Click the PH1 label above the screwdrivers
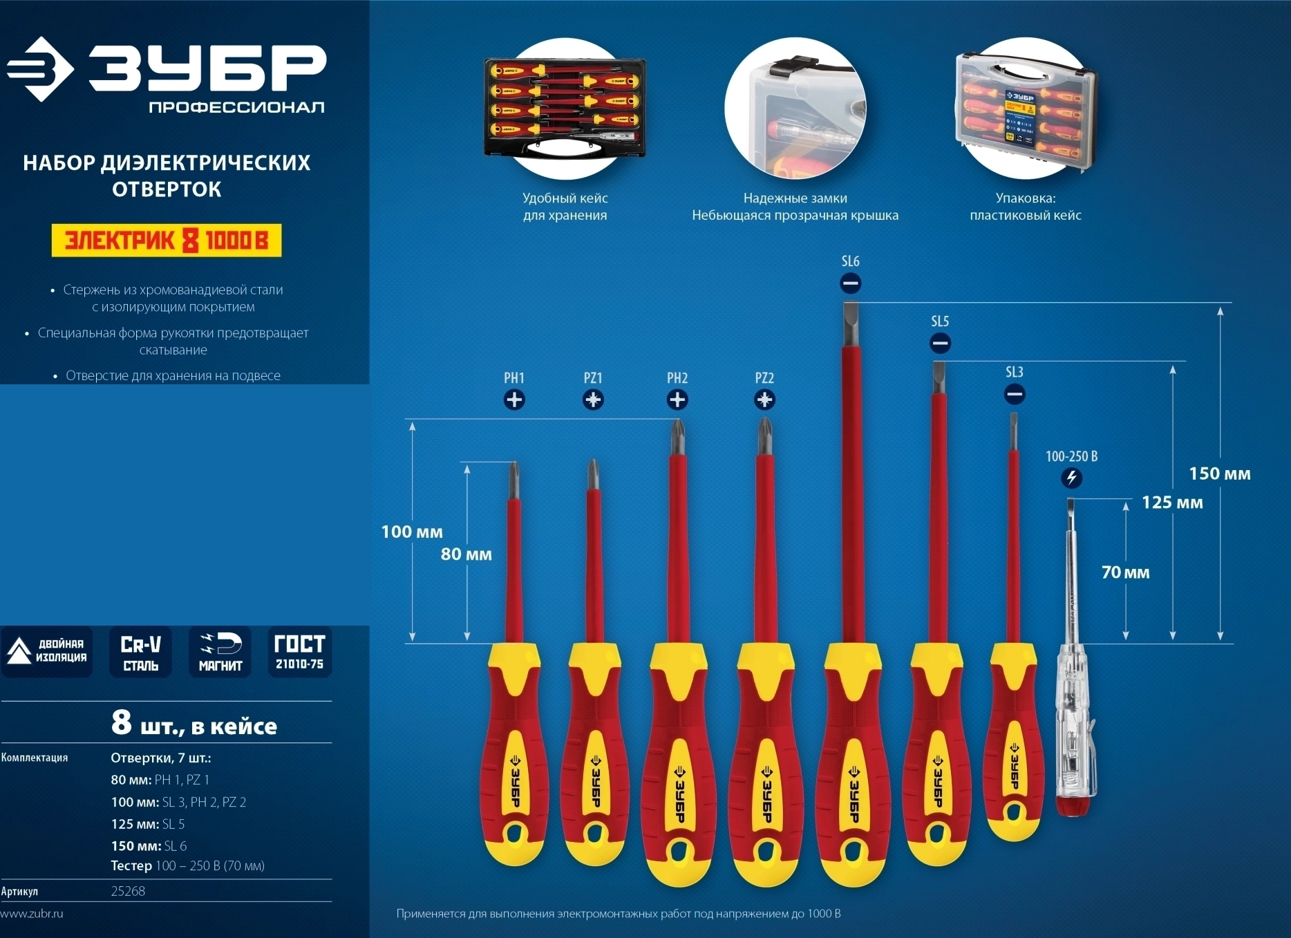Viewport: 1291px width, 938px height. [513, 378]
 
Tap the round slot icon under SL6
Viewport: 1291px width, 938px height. [850, 283]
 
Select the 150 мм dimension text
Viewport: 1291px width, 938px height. [1219, 473]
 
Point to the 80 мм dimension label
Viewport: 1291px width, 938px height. [467, 554]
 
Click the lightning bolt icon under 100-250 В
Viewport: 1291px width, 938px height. [1071, 478]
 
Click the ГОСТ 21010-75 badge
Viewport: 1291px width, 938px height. [299, 652]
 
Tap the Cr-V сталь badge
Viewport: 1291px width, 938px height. [140, 652]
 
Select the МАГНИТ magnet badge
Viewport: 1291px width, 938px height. [220, 652]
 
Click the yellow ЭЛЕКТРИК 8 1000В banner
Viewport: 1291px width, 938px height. [167, 241]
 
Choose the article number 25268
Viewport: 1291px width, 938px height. [128, 891]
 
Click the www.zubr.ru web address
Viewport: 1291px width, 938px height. [32, 913]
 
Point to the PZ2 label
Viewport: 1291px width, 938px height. [764, 378]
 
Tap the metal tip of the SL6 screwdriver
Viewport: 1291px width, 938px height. [851, 325]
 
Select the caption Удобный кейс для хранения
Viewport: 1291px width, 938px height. [565, 207]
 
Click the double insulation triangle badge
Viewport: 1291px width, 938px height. [46, 652]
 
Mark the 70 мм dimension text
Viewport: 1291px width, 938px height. [1125, 572]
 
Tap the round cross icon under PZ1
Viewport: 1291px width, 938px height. [593, 400]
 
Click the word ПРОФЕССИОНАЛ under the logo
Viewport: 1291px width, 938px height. [236, 107]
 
